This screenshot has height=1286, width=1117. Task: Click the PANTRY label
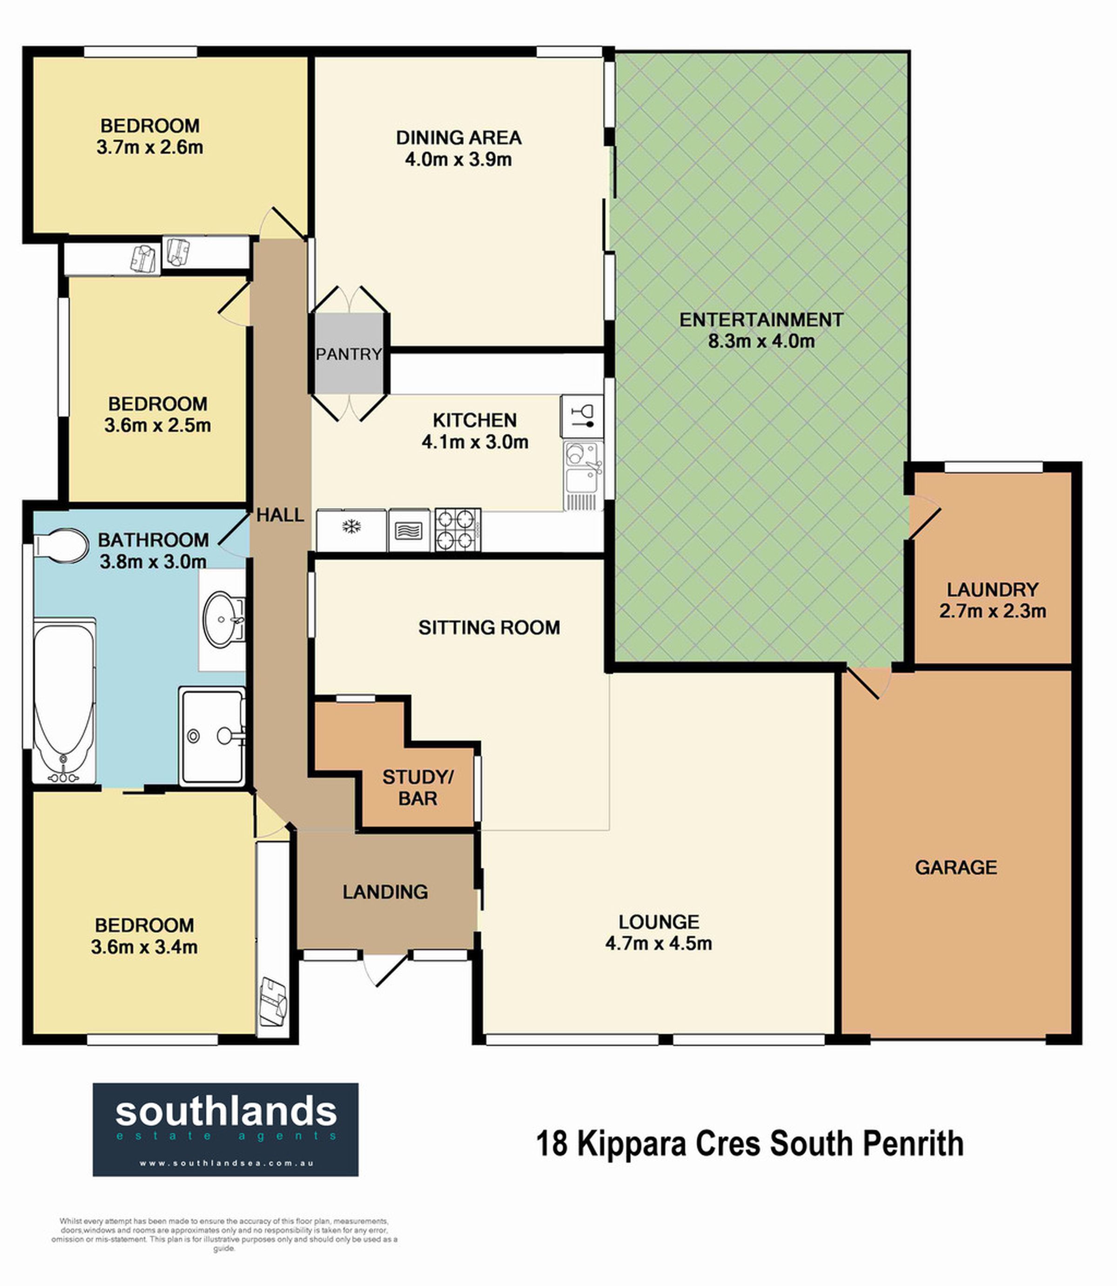(349, 354)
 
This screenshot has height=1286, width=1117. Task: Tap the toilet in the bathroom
(61, 546)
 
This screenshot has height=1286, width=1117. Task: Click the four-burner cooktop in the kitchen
(458, 530)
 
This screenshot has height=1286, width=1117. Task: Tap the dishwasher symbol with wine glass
(582, 416)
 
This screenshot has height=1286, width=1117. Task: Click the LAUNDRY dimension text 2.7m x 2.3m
(992, 611)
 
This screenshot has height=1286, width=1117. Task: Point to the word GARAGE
(956, 867)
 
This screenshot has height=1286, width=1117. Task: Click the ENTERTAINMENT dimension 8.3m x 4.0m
(761, 341)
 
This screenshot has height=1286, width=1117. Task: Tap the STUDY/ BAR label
(417, 788)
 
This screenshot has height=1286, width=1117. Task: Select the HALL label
(281, 515)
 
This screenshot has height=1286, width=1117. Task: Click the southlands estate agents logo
(226, 1130)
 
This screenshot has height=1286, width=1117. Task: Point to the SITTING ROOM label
(489, 627)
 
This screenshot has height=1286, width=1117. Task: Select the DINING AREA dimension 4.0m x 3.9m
(458, 159)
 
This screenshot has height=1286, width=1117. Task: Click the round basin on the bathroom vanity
(222, 619)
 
